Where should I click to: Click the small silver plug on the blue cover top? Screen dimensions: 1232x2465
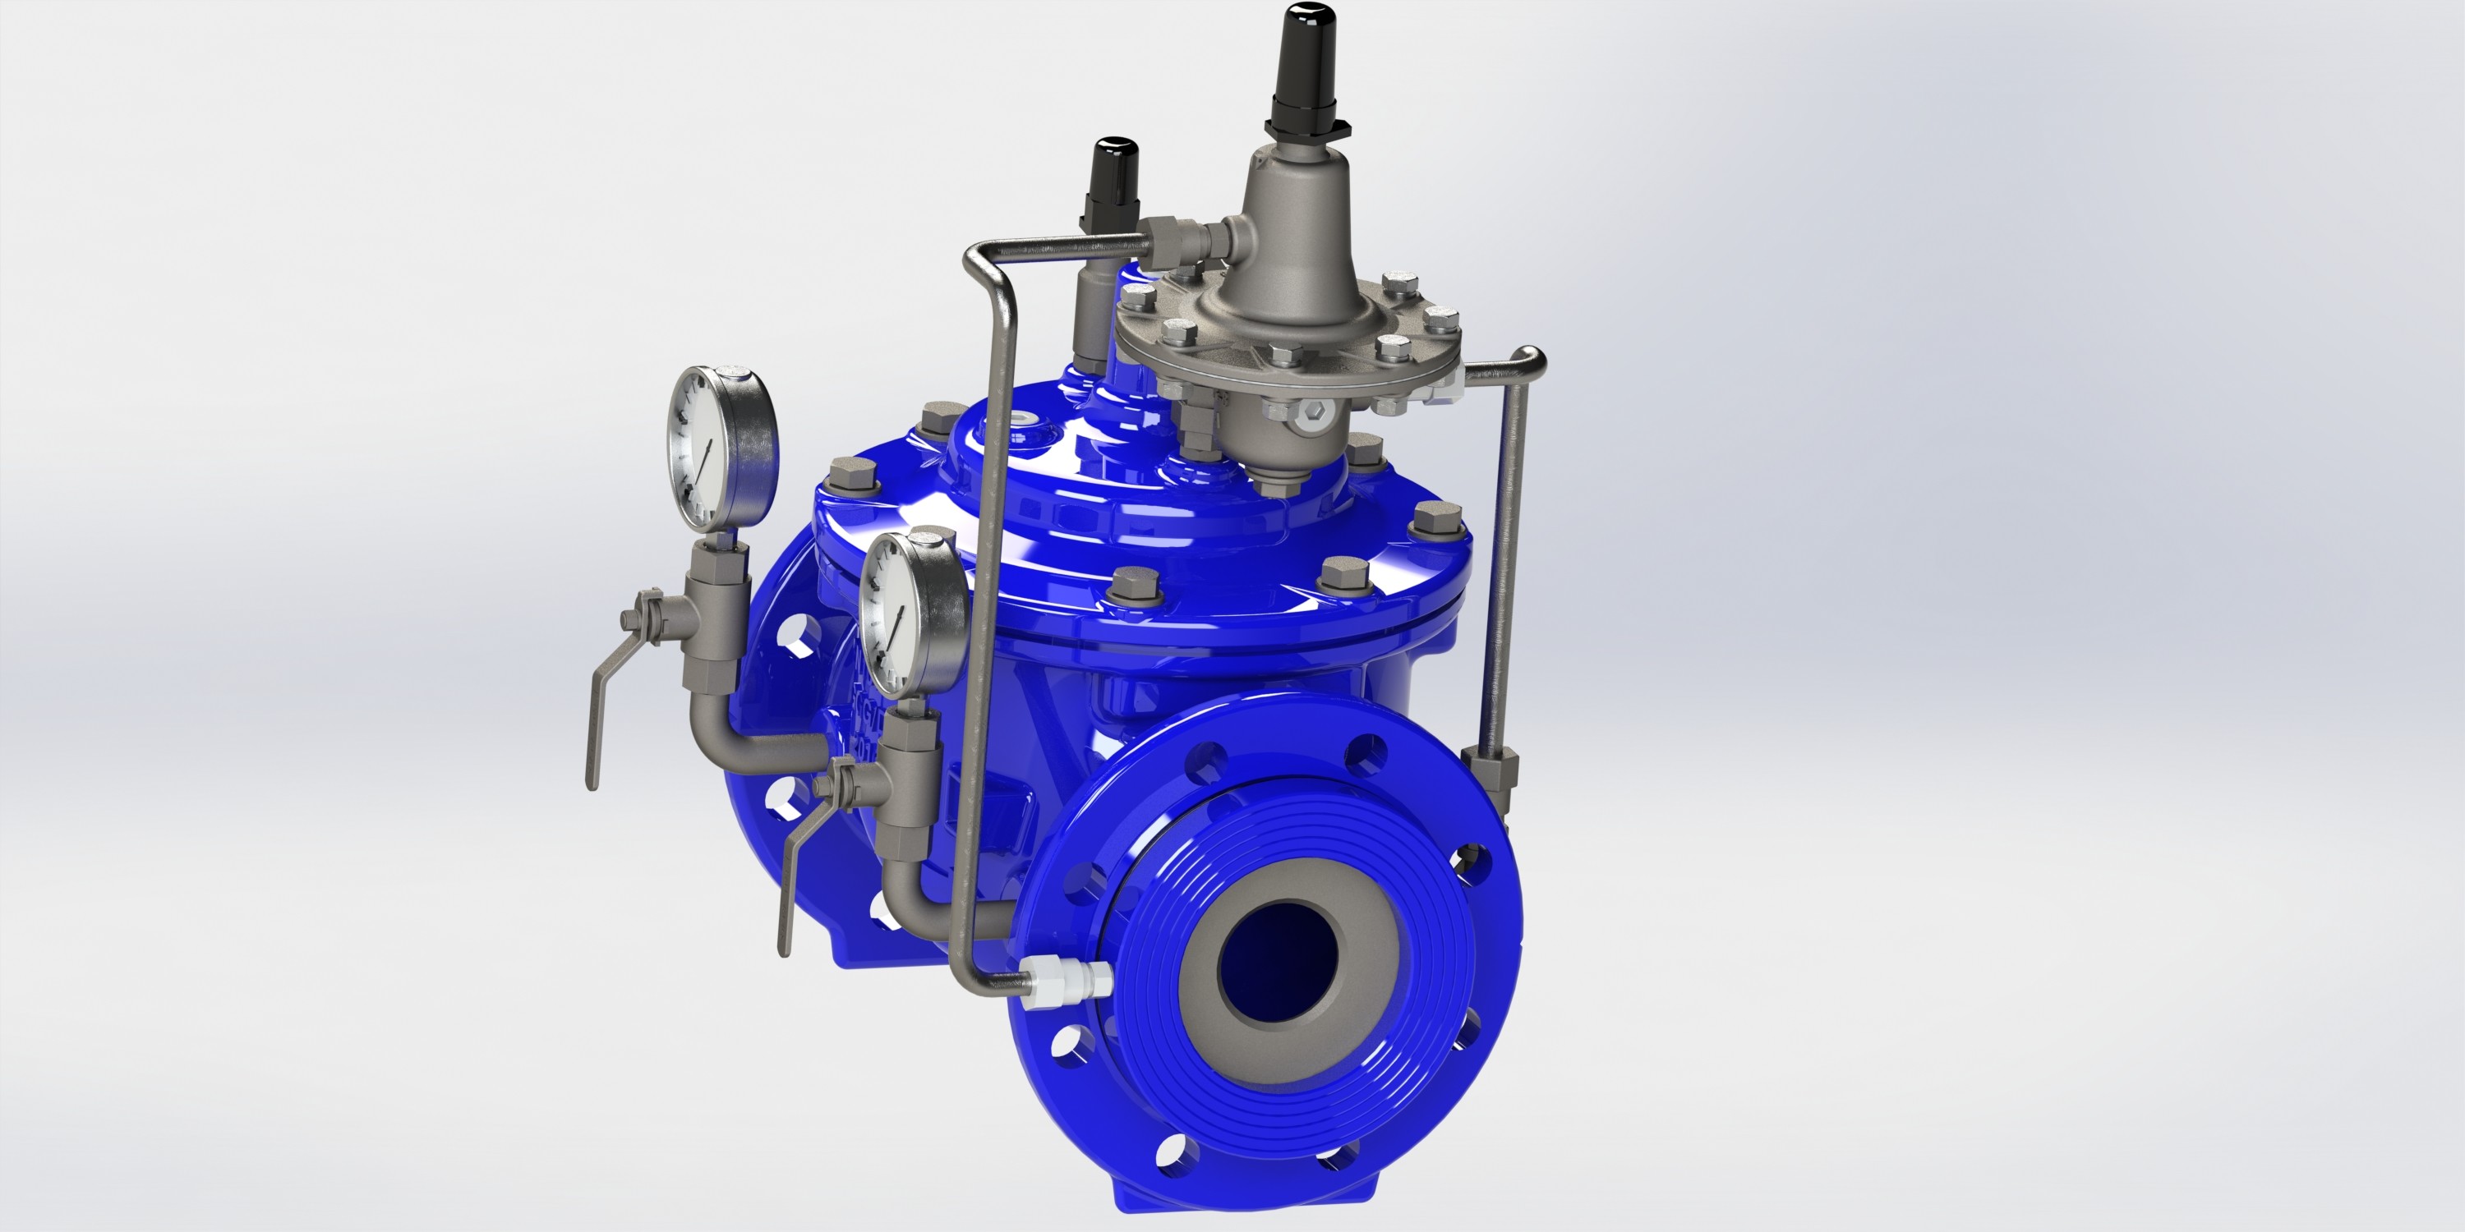(1029, 418)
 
